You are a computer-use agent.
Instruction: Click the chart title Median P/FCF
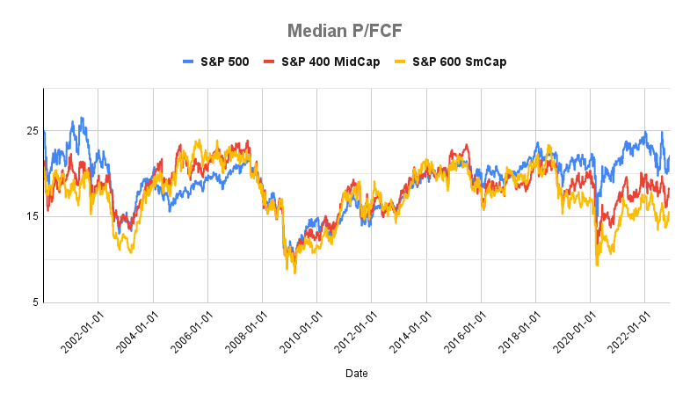[x=345, y=31]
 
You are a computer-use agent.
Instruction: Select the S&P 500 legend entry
[x=215, y=62]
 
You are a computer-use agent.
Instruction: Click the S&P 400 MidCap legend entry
[x=329, y=62]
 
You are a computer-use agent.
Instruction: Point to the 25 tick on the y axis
[x=32, y=131]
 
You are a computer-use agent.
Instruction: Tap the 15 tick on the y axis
[x=32, y=217]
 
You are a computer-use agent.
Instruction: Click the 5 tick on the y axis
[x=34, y=303]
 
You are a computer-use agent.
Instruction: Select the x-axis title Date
[x=356, y=374]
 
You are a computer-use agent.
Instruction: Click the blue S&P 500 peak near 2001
[x=82, y=118]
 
